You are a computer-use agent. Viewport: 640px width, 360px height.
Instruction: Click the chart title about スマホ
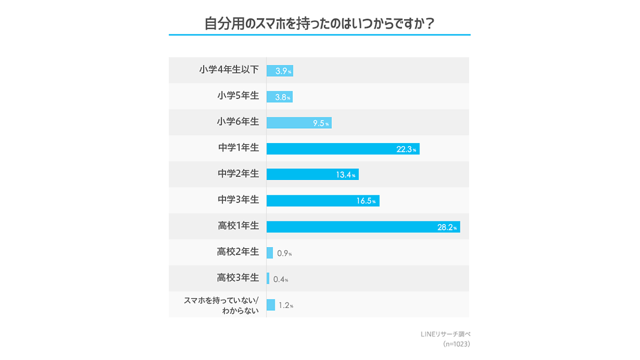319,24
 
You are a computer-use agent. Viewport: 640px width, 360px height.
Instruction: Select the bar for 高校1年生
363,227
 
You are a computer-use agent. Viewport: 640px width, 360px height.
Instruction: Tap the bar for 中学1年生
343,149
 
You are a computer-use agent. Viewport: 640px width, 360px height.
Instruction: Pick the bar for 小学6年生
299,123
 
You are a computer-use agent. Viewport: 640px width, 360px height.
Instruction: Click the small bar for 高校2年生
270,253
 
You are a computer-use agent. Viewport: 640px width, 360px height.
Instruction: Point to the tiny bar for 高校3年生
268,278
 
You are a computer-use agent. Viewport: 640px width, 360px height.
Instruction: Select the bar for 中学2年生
312,174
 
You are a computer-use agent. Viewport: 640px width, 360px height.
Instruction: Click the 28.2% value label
447,227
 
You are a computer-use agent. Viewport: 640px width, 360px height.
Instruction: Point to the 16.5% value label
366,201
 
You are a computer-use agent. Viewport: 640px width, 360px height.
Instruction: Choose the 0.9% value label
284,253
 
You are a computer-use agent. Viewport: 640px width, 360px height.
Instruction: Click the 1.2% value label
286,306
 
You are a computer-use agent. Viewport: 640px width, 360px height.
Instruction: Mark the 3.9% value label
283,71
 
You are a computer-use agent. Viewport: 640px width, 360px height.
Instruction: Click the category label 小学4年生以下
229,70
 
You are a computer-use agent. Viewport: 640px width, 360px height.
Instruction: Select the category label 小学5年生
238,96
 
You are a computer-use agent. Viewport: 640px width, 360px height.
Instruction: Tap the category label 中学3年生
238,200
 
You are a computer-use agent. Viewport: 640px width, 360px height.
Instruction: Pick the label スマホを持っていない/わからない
222,305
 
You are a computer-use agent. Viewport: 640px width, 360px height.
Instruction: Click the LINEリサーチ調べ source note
445,334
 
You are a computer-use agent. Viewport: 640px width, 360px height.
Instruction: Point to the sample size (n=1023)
456,345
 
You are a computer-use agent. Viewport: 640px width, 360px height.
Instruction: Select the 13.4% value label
346,175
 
